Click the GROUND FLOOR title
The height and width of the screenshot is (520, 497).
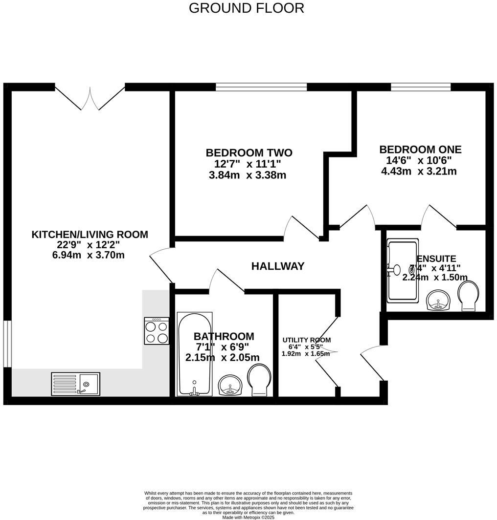pos(246,8)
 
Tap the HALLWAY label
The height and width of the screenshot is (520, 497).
pos(277,266)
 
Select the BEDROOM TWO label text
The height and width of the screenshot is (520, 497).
pos(248,152)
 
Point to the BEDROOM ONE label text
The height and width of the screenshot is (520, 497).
pos(420,150)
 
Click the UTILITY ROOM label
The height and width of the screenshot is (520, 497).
pos(306,340)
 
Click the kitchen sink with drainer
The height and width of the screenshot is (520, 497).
pos(75,384)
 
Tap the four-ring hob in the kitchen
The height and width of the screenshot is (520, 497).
pos(157,331)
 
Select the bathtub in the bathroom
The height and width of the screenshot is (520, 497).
pos(195,354)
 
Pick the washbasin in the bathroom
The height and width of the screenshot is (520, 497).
pos(230,386)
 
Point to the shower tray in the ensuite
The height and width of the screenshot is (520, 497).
pos(403,270)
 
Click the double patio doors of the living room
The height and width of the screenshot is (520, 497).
pos(90,97)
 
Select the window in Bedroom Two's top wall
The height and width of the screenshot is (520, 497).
pos(261,87)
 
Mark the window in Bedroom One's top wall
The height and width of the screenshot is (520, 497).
pos(421,87)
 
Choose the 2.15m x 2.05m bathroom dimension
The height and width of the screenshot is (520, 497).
pos(222,358)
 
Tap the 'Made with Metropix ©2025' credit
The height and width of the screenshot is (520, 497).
pos(248,517)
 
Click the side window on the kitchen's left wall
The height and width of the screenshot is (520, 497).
pos(7,344)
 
